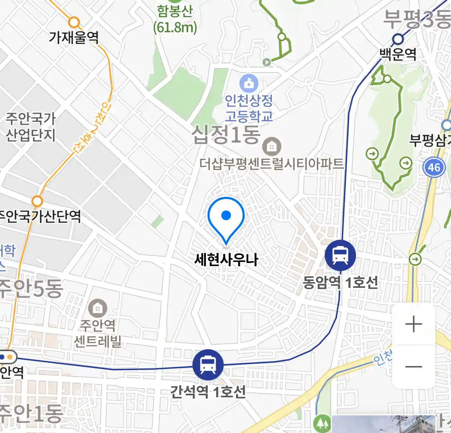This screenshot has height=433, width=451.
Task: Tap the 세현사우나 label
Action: (x=226, y=260)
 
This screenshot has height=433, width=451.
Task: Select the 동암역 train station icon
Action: (x=340, y=255)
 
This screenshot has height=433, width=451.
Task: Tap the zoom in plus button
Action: (x=414, y=324)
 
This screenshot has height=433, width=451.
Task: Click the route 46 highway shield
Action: (x=434, y=167)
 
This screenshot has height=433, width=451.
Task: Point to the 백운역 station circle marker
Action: (x=398, y=39)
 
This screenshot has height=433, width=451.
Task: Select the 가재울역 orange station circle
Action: (x=74, y=22)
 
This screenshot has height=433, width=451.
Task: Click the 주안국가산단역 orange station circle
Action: (x=37, y=200)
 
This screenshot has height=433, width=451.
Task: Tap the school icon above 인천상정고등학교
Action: (x=249, y=83)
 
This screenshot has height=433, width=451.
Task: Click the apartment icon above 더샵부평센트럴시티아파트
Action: (x=272, y=147)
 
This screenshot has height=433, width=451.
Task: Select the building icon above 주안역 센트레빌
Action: (x=97, y=309)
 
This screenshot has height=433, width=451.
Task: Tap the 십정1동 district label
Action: (x=226, y=135)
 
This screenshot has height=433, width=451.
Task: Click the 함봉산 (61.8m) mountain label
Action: (x=175, y=19)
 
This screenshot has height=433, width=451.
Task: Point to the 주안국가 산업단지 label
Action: (x=30, y=127)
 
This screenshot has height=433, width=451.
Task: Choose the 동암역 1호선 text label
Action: (x=340, y=283)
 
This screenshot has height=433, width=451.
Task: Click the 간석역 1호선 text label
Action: (x=208, y=392)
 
